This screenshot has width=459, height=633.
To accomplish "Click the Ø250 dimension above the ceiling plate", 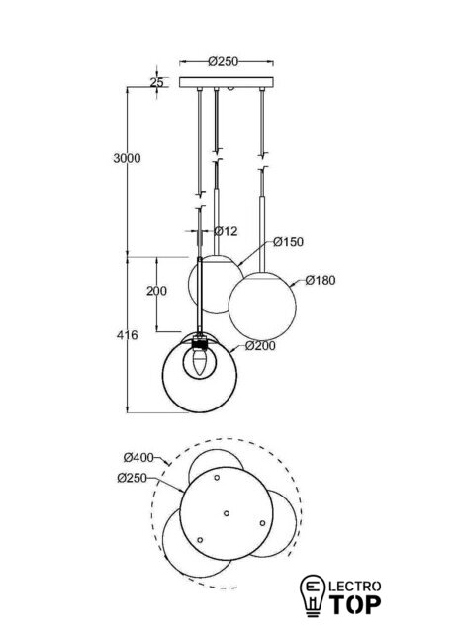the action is point(224,61).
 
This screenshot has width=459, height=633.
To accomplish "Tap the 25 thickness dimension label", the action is point(157,82).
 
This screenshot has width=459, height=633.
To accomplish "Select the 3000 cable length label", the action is point(128,158).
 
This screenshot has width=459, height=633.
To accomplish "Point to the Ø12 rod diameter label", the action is point(226,231).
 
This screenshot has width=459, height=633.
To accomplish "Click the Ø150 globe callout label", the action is point(288,242).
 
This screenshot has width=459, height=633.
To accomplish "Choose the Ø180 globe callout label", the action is point(321,280).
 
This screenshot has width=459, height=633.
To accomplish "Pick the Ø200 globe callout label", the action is point(260,346).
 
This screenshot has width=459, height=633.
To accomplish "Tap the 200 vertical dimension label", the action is point(156,291).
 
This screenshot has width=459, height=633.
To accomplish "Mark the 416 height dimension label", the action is point(128,335).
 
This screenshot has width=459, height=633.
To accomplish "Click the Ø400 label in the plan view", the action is point(138,457).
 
